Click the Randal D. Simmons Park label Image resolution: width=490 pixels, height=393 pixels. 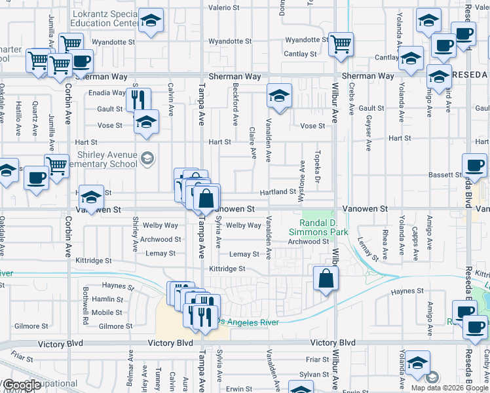point(320,227)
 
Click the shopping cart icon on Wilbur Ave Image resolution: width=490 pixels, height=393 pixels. point(341,45)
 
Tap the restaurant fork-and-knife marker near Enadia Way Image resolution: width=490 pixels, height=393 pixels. point(138,100)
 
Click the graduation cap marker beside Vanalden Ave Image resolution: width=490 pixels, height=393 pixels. point(279,97)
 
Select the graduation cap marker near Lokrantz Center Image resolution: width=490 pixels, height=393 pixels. point(151,22)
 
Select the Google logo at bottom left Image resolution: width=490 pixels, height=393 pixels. point(22,385)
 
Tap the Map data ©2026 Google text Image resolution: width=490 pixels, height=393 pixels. point(449,387)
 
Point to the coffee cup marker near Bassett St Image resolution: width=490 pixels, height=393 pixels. point(474,166)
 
